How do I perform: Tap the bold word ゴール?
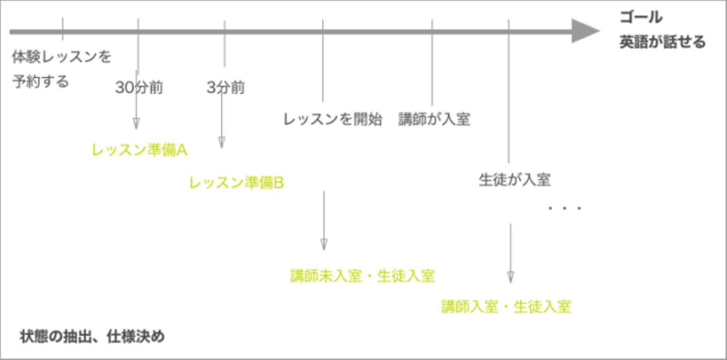(641, 18)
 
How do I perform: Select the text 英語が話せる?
(662, 42)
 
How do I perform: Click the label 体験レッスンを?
(62, 57)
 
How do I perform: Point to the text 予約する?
(40, 81)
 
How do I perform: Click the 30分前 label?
(139, 88)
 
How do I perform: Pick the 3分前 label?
(225, 88)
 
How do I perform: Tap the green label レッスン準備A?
(139, 150)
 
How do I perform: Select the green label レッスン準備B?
(236, 183)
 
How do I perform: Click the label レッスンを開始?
(333, 120)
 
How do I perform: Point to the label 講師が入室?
(434, 120)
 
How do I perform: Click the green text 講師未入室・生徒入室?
(362, 276)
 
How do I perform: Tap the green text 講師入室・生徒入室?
(506, 307)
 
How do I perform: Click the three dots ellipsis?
(565, 208)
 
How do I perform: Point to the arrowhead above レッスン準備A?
(136, 124)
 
